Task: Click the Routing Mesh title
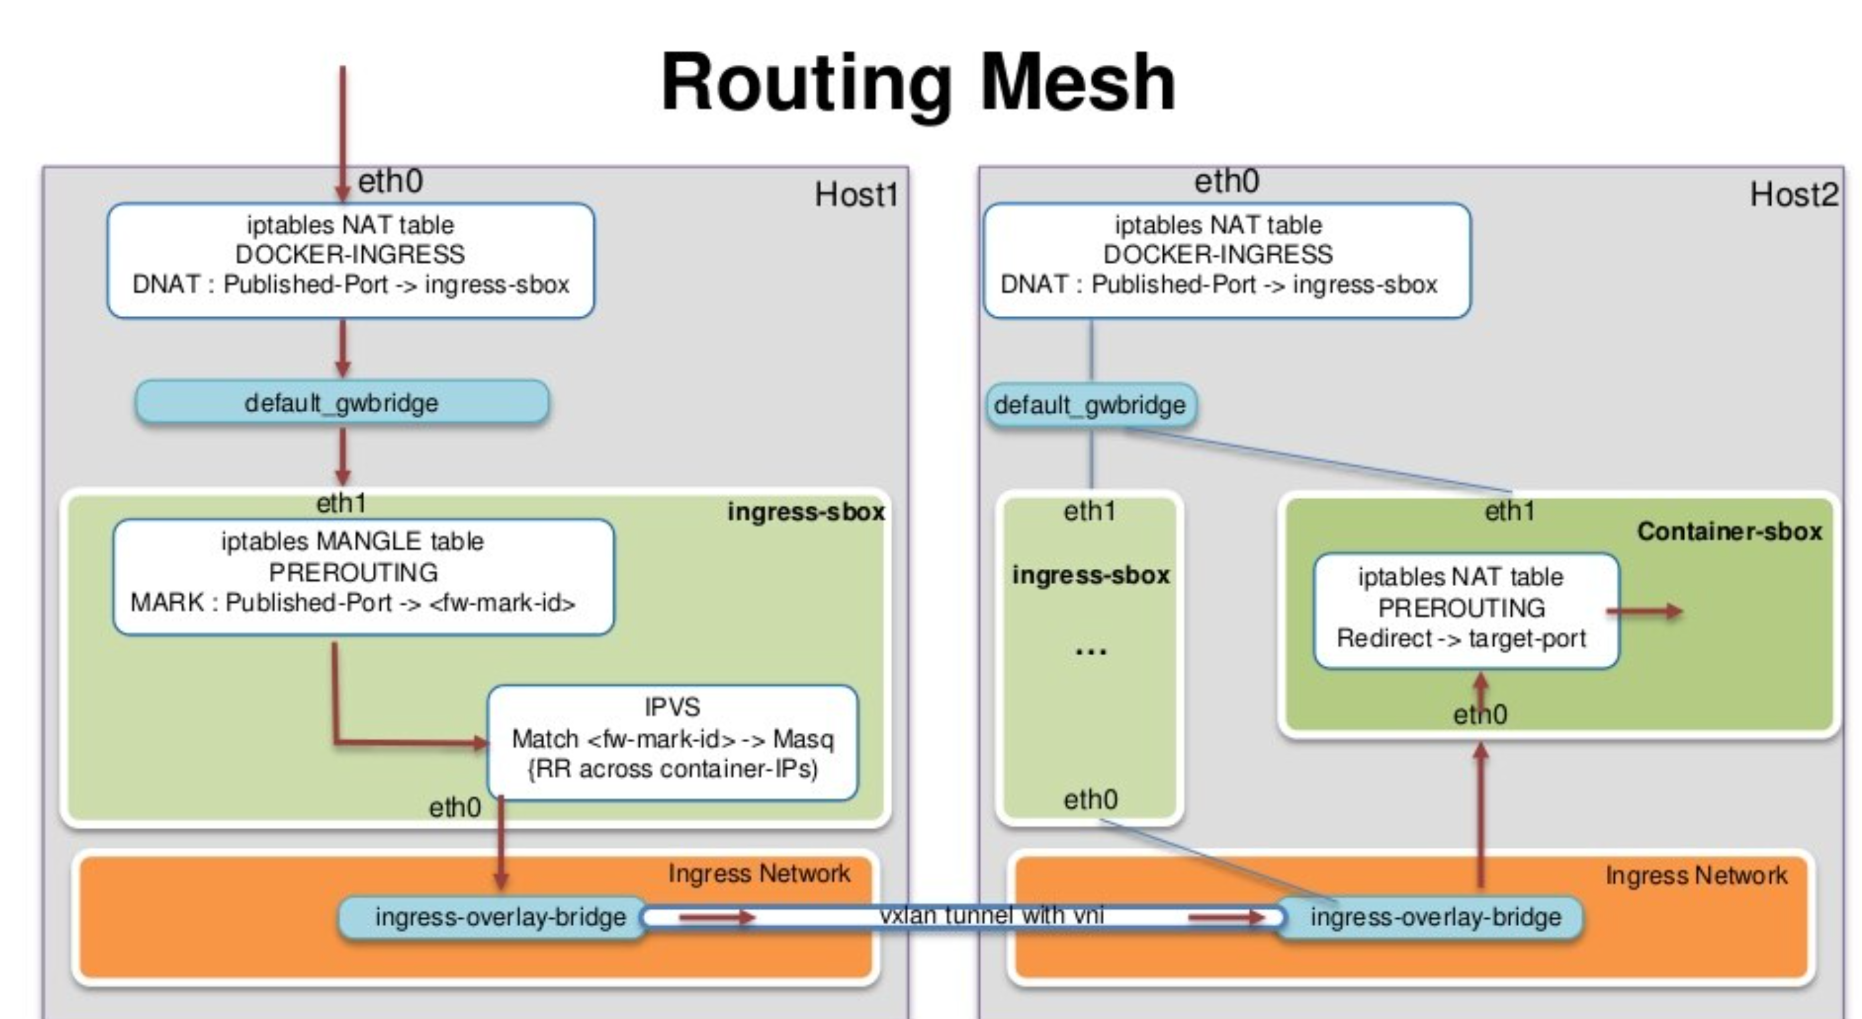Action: point(918,83)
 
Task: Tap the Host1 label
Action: point(856,195)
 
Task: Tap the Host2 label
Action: point(1792,195)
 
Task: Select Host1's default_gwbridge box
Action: point(342,403)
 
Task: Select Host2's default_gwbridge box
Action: point(1090,405)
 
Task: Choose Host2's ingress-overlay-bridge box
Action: point(1435,917)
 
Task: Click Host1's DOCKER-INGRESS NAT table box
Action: point(351,260)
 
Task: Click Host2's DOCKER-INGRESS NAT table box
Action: point(1226,260)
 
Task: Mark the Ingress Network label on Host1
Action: point(758,874)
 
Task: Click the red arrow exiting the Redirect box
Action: point(1648,612)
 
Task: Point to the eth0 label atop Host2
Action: point(1226,181)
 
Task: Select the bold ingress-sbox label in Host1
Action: point(805,512)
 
